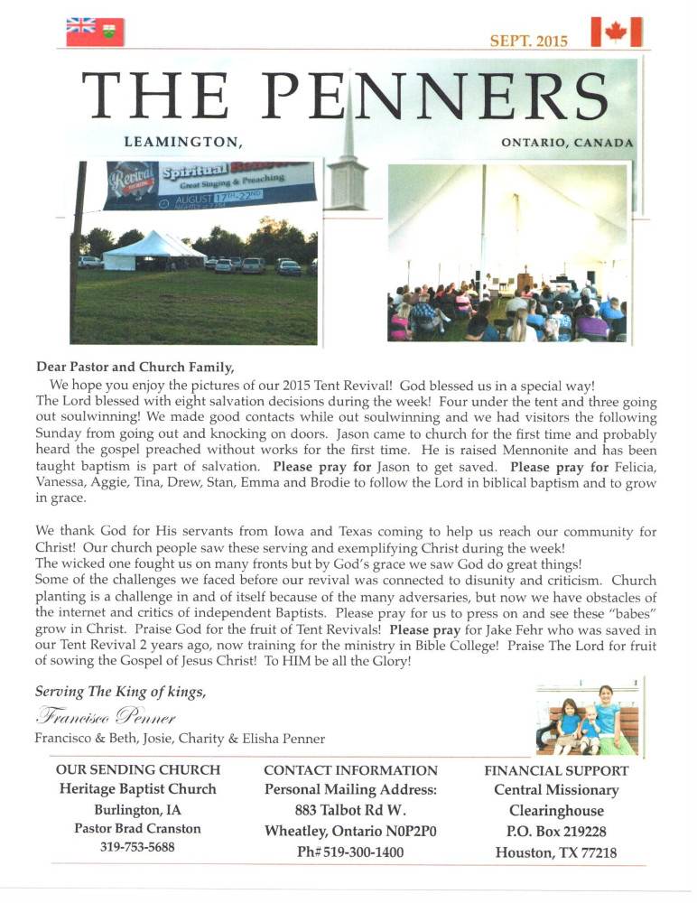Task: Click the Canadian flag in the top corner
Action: (617, 32)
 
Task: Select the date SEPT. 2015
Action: (528, 41)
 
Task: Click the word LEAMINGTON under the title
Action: (184, 142)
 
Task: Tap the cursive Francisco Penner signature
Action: (107, 717)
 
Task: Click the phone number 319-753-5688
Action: (138, 847)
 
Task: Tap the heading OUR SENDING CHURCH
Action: (138, 770)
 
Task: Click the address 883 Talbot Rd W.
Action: (349, 810)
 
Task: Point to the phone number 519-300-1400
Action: (349, 852)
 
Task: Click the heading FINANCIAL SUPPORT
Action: (556, 771)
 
